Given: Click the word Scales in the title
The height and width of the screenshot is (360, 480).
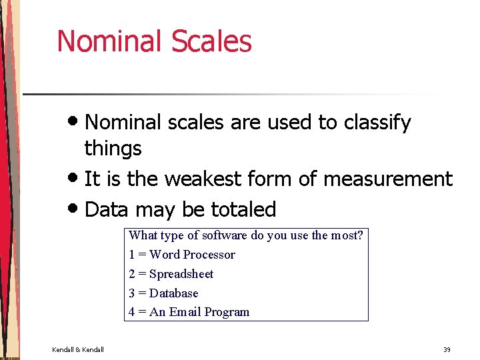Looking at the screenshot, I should tap(211, 41).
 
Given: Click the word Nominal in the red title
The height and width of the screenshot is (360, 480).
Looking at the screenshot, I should tap(110, 41).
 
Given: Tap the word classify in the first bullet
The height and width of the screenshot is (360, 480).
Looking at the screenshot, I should tap(377, 123).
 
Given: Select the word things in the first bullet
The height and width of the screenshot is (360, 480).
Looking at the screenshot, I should tap(113, 148).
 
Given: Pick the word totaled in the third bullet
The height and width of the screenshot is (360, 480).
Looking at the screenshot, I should tap(243, 209).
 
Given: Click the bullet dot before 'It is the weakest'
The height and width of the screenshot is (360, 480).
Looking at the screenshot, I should tap(75, 179).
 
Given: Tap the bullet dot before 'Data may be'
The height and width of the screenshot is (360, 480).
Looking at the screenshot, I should tap(75, 209).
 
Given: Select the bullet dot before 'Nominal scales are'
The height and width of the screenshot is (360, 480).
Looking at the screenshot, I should tap(75, 122).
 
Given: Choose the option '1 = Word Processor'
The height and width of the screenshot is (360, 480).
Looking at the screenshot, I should tap(182, 255).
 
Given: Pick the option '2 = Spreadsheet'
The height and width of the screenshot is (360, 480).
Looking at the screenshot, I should tap(171, 274).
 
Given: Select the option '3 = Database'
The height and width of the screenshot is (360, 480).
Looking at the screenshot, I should tap(163, 293).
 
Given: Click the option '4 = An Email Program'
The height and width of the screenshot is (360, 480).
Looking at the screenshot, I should tap(189, 312).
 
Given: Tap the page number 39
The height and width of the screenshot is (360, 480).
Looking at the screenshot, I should tap(447, 349).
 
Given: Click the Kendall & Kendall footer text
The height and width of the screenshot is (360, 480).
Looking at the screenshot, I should tap(78, 349).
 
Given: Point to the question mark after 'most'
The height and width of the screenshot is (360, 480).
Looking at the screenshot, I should tap(361, 235).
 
